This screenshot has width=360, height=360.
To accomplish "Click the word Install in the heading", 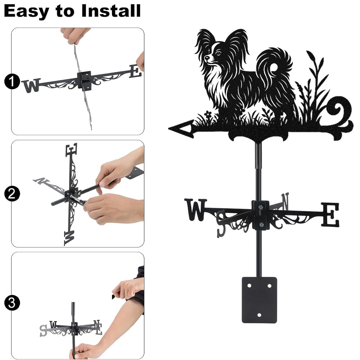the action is point(111,11).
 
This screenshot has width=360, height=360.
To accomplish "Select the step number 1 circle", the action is point(12,81).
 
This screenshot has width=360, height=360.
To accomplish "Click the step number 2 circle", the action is point(12,194).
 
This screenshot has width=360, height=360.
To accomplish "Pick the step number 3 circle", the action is point(12,303).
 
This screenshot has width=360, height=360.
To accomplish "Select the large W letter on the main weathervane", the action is point(195,210).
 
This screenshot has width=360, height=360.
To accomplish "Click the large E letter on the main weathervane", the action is point(330,214).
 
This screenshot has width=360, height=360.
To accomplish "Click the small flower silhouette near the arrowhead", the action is point(208,114).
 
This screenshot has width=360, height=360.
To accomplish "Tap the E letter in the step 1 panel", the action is point(135,71).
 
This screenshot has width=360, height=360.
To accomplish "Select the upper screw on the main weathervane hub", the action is point(260,207).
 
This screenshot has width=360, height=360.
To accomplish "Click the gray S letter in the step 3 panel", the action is point(43,330).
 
